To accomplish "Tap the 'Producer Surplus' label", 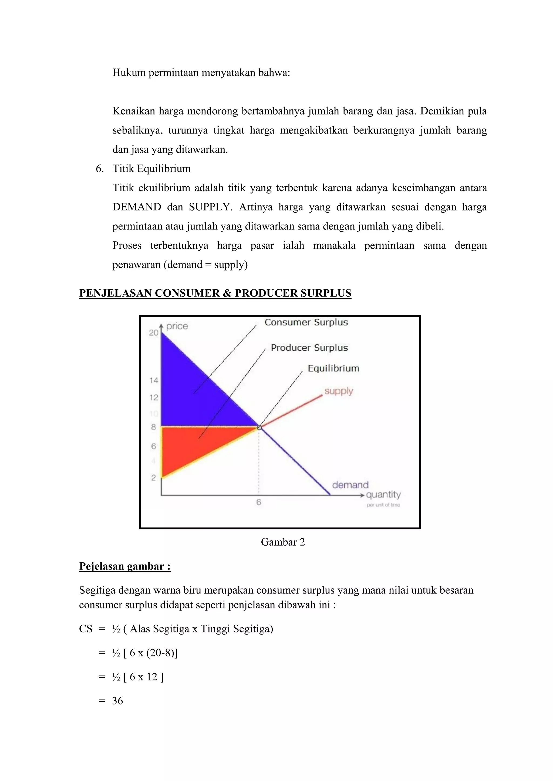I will click(309, 348).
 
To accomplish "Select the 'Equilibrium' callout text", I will click(333, 368).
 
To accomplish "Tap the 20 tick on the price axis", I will click(154, 333).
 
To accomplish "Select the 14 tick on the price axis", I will click(154, 380).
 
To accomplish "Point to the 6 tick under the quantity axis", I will click(258, 502).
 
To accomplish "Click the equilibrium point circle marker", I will click(259, 427).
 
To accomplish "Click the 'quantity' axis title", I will click(383, 494).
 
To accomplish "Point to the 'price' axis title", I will click(177, 326).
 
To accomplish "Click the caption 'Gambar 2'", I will click(283, 542).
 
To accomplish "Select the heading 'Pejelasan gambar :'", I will click(125, 566).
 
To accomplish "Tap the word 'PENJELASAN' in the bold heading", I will click(115, 293).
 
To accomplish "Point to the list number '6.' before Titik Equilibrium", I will click(99, 169).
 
